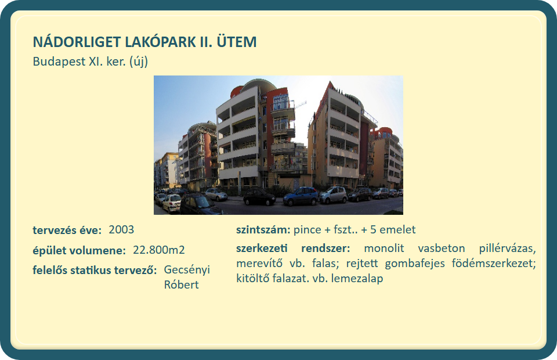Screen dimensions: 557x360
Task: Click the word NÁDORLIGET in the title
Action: [x=77, y=41]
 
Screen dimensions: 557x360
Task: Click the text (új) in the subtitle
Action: [x=139, y=62]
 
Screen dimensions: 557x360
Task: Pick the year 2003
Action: [x=121, y=229]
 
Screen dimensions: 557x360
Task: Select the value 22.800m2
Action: [x=159, y=250]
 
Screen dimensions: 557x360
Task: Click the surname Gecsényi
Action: [x=187, y=270]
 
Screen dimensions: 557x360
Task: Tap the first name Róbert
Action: [x=181, y=285]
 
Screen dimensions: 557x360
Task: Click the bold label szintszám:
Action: [x=263, y=229]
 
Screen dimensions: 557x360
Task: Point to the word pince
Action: [x=308, y=230]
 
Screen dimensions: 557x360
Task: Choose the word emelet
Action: [x=397, y=229]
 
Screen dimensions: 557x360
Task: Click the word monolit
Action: [x=384, y=248]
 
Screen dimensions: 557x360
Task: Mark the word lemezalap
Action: [x=357, y=278]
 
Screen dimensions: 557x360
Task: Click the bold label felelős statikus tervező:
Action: [x=95, y=270]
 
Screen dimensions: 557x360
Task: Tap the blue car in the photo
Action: [x=301, y=196]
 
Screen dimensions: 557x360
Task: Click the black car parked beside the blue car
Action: [x=259, y=197]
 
